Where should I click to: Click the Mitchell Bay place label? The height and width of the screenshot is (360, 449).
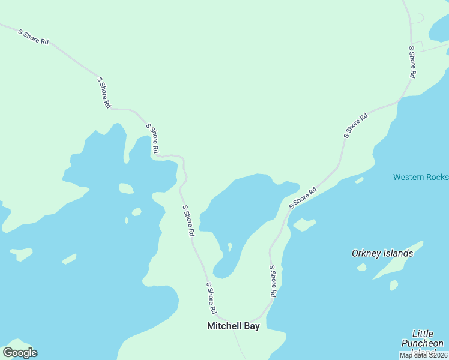pyautogui.click(x=233, y=326)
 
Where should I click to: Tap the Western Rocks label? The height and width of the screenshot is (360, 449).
pyautogui.click(x=421, y=177)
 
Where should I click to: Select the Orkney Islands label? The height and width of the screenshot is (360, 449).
pyautogui.click(x=382, y=253)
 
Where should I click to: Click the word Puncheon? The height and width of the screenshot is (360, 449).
pyautogui.click(x=423, y=343)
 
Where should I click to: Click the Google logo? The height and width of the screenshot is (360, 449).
pyautogui.click(x=20, y=353)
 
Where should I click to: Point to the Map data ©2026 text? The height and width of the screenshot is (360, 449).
pyautogui.click(x=423, y=355)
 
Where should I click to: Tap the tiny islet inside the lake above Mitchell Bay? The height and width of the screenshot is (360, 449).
pyautogui.click(x=229, y=247)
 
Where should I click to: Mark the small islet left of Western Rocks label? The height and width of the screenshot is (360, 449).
pyautogui.click(x=359, y=180)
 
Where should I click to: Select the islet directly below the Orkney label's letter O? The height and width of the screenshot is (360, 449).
pyautogui.click(x=361, y=267)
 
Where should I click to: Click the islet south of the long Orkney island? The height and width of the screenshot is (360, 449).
pyautogui.click(x=394, y=285)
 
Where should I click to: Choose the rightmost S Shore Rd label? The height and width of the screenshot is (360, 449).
pyautogui.click(x=412, y=62)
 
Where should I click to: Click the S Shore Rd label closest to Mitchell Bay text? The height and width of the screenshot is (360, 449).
pyautogui.click(x=211, y=298)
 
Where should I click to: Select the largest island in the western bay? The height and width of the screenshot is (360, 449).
pyautogui.click(x=126, y=188)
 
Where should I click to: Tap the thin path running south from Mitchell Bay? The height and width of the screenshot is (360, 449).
pyautogui.click(x=240, y=345)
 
